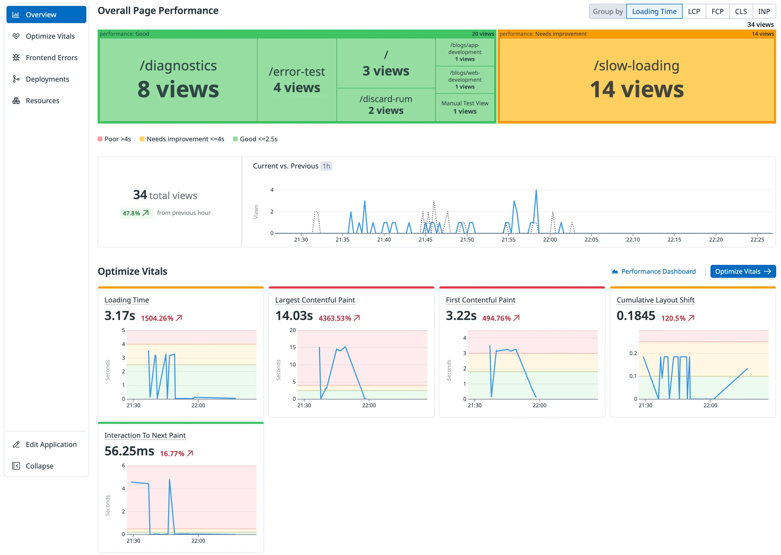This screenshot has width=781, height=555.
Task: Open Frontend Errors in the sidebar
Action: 51,58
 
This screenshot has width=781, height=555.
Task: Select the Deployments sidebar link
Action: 47,79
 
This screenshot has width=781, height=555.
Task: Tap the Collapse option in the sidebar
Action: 39,466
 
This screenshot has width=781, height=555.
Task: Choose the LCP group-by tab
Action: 694,11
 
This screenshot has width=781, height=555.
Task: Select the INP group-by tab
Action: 764,11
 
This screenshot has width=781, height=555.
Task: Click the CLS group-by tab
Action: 740,11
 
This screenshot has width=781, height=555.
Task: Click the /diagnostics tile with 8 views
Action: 178,80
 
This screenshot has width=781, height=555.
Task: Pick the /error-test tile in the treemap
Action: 297,80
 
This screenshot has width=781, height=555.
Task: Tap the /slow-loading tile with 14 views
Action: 636,80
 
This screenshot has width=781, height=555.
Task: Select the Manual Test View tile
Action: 465,107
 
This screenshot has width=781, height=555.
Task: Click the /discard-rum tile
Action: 386,105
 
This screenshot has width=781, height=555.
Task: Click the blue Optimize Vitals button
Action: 742,271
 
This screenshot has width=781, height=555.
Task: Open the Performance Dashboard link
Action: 658,271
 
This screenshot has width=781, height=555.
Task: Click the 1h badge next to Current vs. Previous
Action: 326,166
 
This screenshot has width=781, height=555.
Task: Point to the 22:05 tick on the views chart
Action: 591,240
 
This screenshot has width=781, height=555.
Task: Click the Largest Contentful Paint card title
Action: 315,300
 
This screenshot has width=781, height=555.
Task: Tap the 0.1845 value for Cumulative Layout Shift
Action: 635,316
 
